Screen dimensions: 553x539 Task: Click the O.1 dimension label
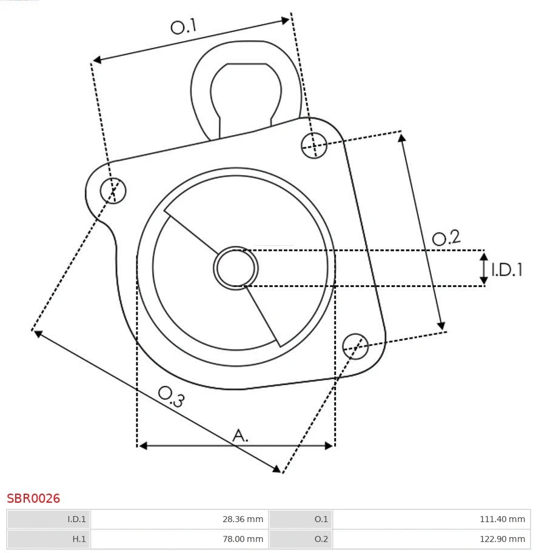(x=184, y=27)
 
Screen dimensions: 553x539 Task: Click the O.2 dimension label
(x=446, y=237)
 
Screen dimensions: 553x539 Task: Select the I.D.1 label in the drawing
(x=506, y=270)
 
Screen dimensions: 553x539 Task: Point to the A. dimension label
(x=241, y=435)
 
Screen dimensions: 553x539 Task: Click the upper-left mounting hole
(x=113, y=191)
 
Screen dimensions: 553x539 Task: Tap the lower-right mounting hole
(x=355, y=345)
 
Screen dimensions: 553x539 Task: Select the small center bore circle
(x=236, y=268)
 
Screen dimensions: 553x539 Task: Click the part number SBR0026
(x=33, y=498)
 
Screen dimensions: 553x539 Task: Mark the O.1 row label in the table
(x=321, y=519)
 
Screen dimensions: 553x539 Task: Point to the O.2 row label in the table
(x=321, y=538)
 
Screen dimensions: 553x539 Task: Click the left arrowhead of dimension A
(x=143, y=446)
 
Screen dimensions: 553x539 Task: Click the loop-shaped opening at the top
(x=246, y=91)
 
